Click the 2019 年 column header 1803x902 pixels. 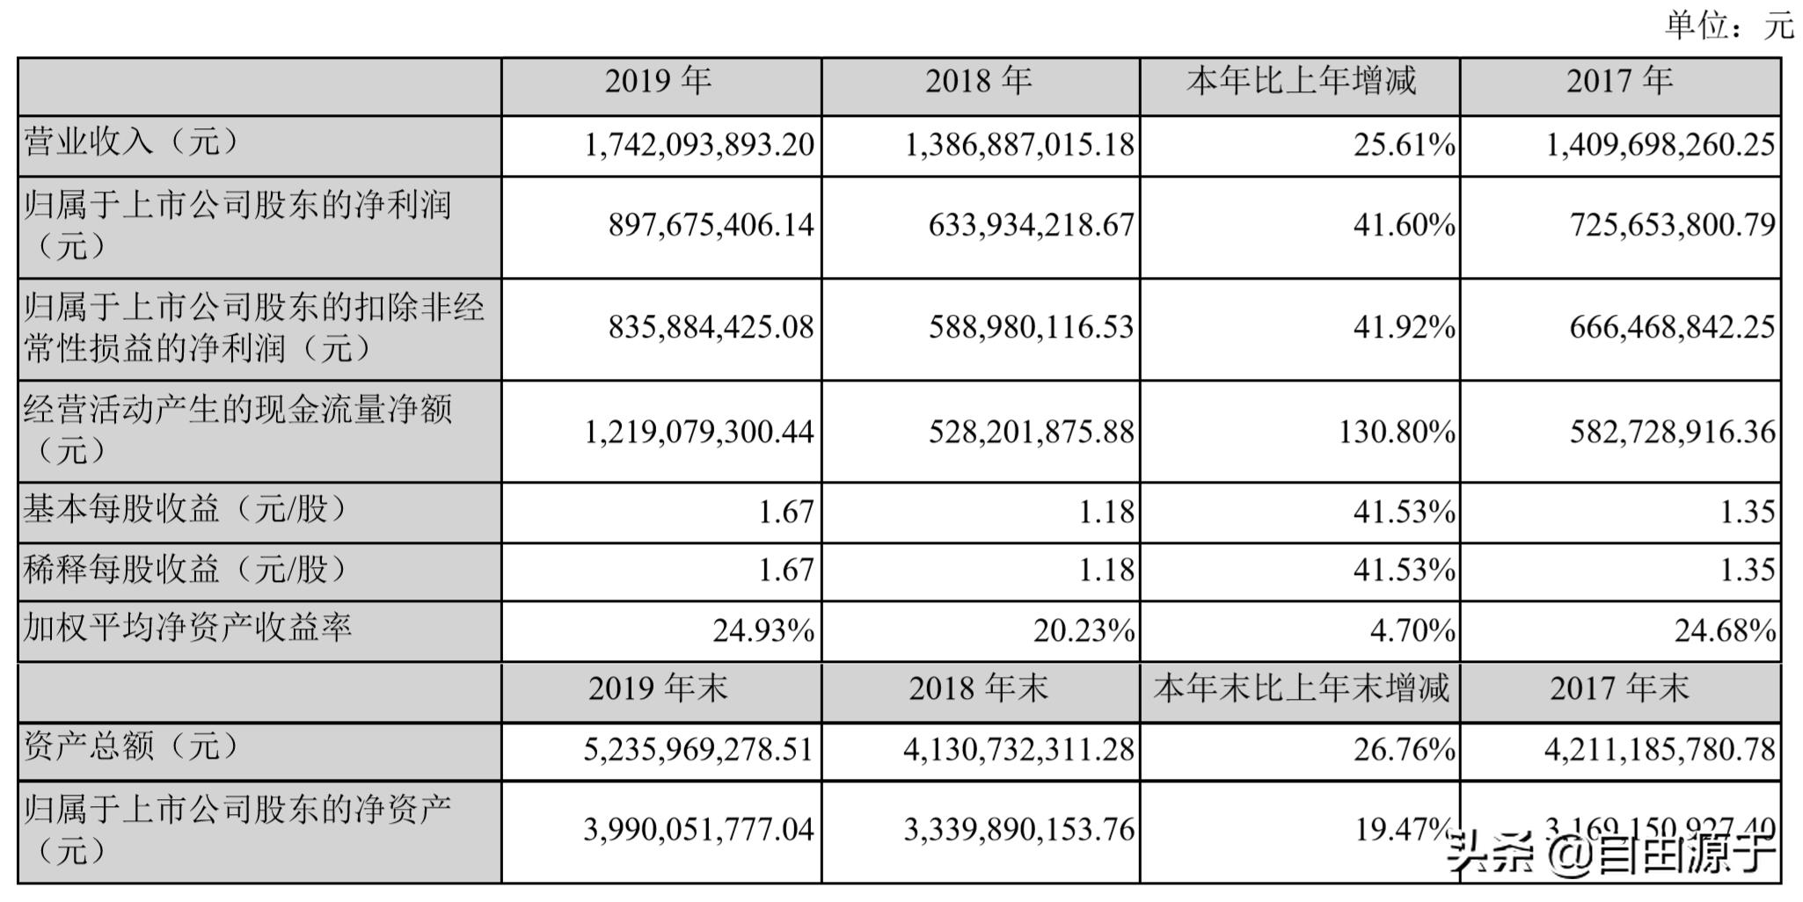pos(658,82)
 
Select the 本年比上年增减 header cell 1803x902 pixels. pos(1301,82)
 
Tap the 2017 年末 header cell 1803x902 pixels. pos(1619,688)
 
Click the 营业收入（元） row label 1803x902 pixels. pos(131,142)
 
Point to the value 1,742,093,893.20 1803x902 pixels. pos(699,144)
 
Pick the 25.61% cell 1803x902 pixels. pos(1404,144)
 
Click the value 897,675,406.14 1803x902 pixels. pos(711,226)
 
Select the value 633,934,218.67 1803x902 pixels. pos(1031,226)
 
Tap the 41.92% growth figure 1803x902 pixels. pos(1404,328)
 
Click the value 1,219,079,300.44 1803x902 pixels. pos(699,432)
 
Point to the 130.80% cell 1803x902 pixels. pos(1397,432)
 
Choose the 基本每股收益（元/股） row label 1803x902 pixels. pos(185,509)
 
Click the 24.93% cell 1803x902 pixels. pos(763,631)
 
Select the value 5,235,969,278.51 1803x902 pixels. pos(698,750)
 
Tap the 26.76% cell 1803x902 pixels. pos(1404,750)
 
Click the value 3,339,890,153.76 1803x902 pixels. pos(1018,830)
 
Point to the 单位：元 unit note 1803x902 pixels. pos(1728,25)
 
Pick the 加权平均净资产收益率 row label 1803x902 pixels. pos(187,628)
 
